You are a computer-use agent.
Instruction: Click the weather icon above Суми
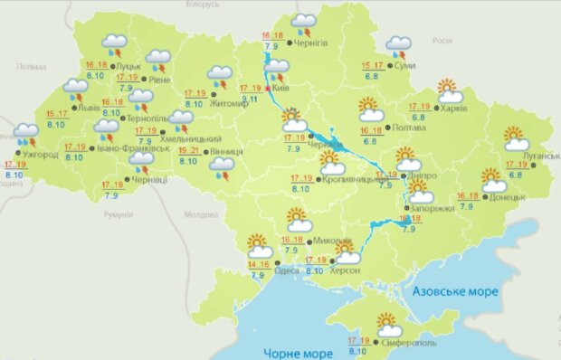pos(397,45)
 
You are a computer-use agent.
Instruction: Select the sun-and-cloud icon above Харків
pos(450,90)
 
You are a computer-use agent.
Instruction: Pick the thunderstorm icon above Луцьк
pos(115,44)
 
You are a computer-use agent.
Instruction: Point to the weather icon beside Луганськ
pos(516,138)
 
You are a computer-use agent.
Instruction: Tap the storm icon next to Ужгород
pos(25,137)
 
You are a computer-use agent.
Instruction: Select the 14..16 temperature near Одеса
pos(258,264)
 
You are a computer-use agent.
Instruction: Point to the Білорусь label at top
pos(202,5)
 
